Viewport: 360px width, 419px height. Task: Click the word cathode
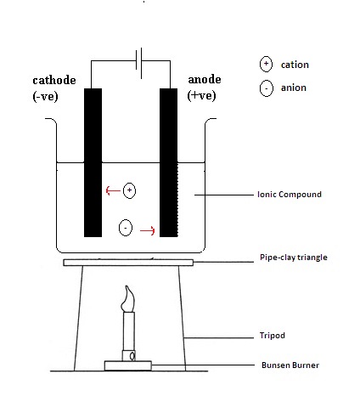pos(54,80)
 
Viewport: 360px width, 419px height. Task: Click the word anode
pos(205,79)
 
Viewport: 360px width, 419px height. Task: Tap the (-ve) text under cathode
pos(45,97)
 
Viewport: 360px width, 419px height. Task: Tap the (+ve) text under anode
pos(201,95)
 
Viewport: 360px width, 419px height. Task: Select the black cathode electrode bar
pos(93,162)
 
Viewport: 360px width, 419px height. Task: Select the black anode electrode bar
pos(169,162)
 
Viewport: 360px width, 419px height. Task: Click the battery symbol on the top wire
pos(139,63)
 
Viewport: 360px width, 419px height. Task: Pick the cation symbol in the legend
pos(266,64)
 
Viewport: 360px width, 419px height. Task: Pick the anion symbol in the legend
pos(267,88)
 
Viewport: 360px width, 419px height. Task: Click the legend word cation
pos(295,65)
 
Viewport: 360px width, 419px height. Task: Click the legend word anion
pos(294,88)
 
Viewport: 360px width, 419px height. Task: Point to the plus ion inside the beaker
pos(129,190)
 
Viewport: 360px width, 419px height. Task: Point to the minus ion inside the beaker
pos(126,228)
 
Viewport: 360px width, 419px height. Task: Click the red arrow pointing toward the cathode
pos(113,190)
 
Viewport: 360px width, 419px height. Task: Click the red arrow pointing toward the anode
pos(148,230)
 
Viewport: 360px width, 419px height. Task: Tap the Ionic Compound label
pos(290,195)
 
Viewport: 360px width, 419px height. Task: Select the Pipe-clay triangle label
pos(294,258)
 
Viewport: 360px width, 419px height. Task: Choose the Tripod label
pos(273,336)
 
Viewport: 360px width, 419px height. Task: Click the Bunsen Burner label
pos(290,365)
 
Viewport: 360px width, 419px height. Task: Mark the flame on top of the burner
pos(128,299)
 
